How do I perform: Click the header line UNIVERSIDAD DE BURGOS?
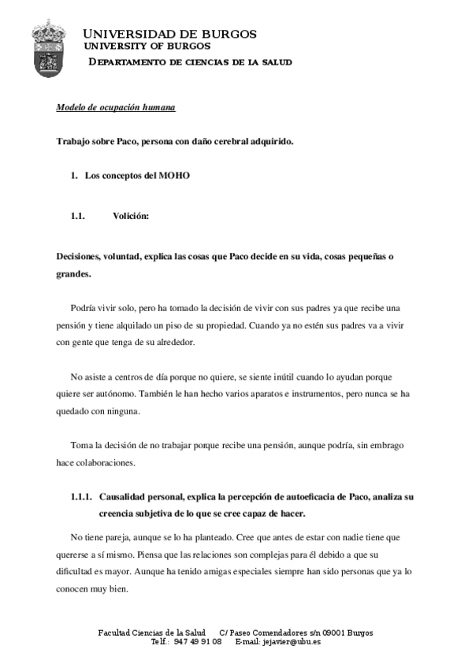[x=169, y=34]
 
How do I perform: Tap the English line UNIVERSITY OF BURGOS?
[x=154, y=46]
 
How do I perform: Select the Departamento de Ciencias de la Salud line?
[x=189, y=61]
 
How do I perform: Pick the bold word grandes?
[x=73, y=275]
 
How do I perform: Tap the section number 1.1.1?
[x=81, y=498]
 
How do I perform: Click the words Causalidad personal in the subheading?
[x=144, y=498]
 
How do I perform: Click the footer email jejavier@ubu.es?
[x=289, y=641]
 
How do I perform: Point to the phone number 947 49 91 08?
[x=197, y=641]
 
